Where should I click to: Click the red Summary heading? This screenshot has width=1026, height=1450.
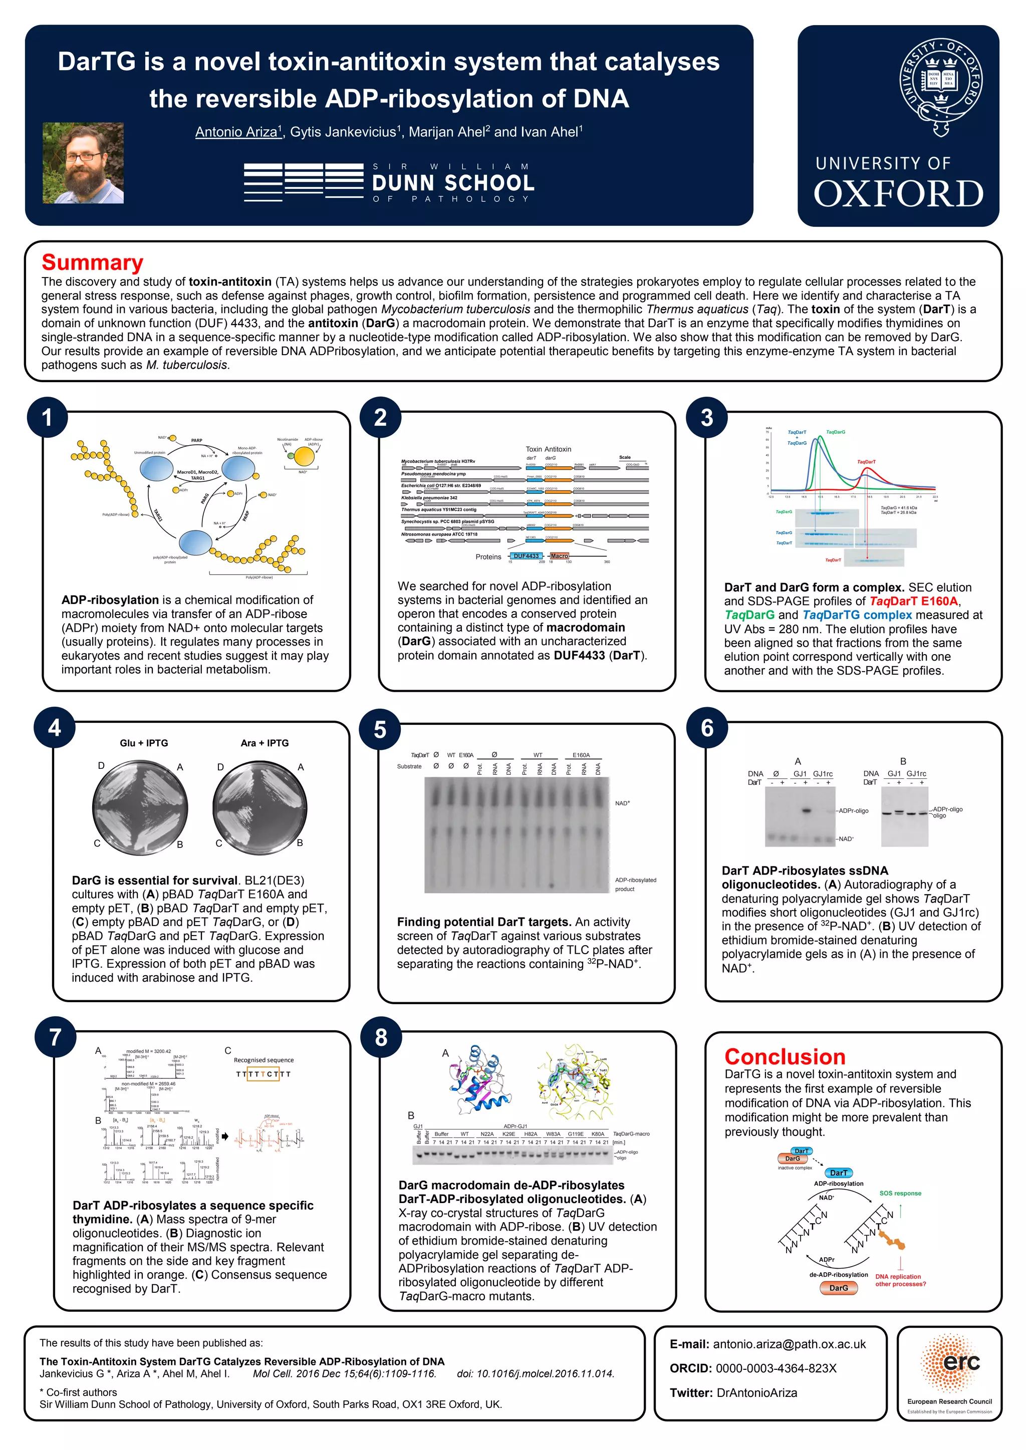point(92,262)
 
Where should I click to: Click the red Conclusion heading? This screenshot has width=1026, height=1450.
point(784,1056)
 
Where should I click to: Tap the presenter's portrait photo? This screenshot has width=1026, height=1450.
point(83,163)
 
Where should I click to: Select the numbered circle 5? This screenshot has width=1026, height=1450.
point(380,729)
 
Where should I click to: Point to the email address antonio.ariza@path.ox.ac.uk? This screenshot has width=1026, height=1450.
point(789,1344)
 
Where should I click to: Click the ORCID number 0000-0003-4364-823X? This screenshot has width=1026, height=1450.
point(776,1368)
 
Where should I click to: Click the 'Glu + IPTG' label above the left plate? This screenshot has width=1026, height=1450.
point(144,743)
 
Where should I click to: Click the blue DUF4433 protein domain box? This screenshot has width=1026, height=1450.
point(526,556)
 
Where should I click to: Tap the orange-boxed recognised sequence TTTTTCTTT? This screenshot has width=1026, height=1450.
point(263,1074)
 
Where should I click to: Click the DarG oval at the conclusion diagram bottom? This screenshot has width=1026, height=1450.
point(838,1288)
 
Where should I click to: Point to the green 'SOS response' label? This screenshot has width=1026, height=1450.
point(900,1193)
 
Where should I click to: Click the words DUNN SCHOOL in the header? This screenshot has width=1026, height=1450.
point(453,183)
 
